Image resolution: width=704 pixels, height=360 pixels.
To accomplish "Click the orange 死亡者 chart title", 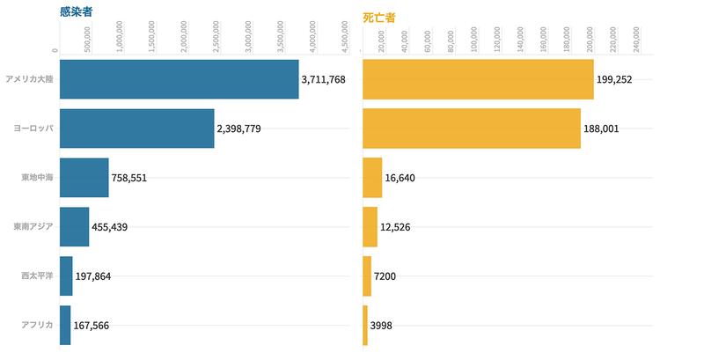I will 380,14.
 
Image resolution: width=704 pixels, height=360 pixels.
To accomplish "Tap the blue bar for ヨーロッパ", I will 136,129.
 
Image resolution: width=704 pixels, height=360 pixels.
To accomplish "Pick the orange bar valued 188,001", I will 472,129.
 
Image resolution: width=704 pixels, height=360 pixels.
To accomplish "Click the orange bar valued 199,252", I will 478,79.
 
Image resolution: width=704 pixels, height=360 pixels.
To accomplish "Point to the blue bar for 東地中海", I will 84,178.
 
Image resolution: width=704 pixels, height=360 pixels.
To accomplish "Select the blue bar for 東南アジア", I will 74,227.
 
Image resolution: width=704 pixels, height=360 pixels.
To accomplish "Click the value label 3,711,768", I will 323,80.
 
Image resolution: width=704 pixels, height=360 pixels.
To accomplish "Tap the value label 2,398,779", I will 238,129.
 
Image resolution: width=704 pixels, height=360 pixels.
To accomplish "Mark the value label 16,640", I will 400,179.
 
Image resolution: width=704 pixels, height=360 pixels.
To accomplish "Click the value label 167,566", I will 98,326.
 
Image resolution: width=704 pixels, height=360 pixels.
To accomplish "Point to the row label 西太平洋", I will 37,276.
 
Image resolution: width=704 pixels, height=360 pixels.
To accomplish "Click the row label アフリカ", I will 37,326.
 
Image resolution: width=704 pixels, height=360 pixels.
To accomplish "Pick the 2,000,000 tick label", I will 184,39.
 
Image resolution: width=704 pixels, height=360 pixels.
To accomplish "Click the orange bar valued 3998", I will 365,326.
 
